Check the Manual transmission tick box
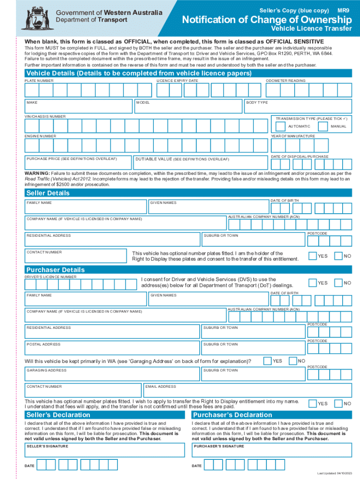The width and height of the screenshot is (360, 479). pos(323,126)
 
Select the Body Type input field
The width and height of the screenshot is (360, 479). pos(297,107)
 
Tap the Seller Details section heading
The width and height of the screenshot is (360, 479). pos(48,193)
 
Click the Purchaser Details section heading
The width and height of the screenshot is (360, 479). pos(55,270)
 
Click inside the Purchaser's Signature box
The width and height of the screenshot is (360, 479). pos(272,451)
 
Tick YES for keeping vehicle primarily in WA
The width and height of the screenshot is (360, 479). pos(267,361)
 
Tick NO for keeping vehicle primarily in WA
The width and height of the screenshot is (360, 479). pos(293,361)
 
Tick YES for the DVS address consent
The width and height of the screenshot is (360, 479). pos(312,283)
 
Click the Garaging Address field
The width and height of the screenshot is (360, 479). pos(112,374)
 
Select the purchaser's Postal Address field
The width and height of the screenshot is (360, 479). pos(112,348)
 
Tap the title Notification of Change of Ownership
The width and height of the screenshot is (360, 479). pos(266,20)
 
